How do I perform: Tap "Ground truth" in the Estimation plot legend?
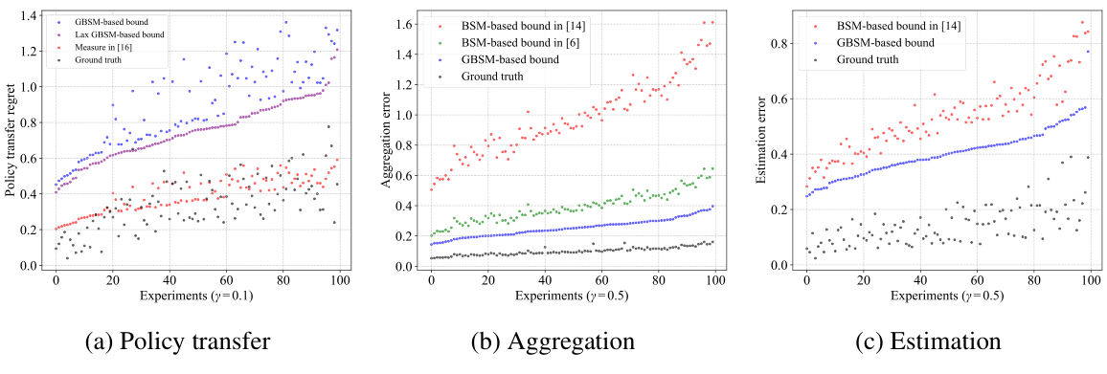coord(867,58)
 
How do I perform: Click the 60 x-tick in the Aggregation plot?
coord(601,282)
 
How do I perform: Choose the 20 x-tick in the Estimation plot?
coord(863,282)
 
